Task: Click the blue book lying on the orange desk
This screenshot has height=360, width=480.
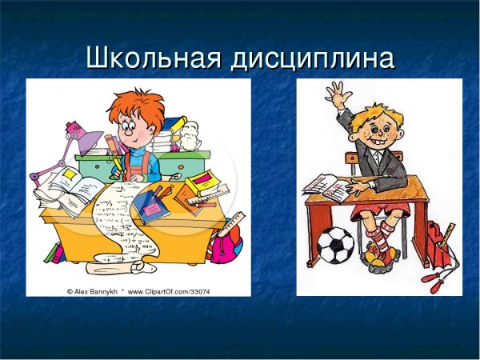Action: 152,207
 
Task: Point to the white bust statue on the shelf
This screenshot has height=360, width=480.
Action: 189,133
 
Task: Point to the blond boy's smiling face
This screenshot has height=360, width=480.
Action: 375,128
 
